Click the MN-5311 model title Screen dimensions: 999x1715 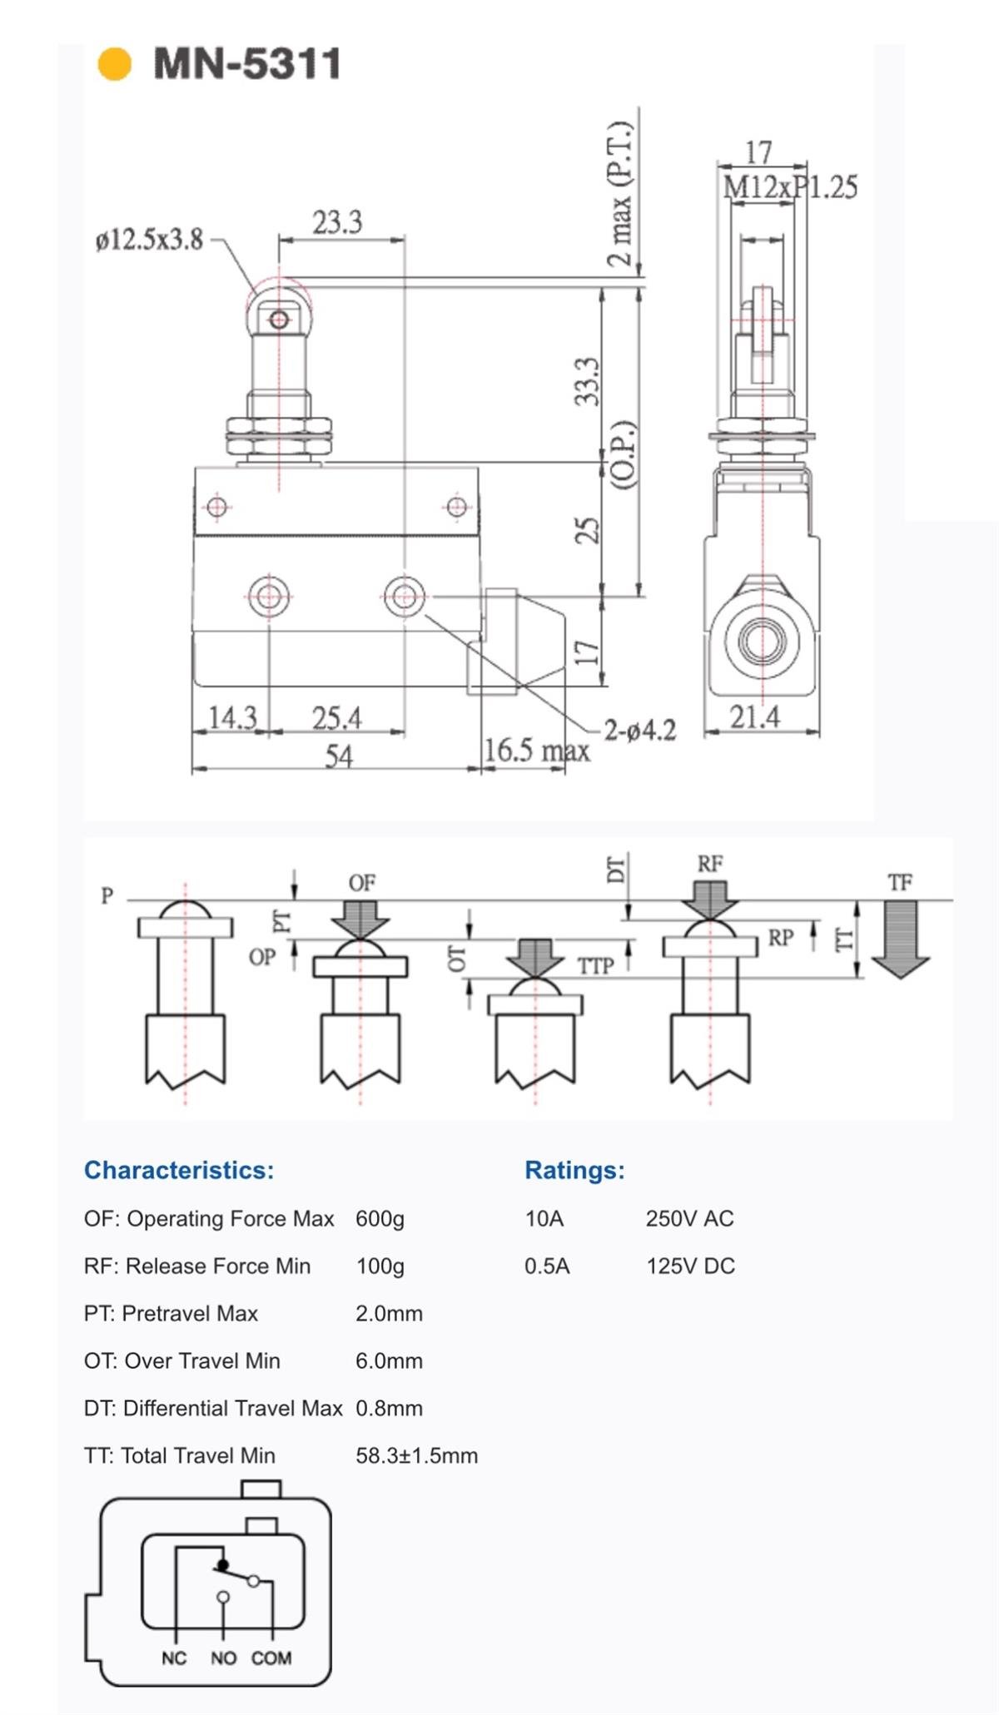(247, 64)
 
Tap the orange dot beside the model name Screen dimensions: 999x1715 (115, 64)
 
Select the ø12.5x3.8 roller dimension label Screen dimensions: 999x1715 (150, 240)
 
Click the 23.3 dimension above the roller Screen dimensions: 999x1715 (337, 222)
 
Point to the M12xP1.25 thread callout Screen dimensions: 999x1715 (790, 187)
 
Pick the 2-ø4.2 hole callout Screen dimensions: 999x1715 (640, 731)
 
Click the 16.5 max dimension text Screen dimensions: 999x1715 (537, 750)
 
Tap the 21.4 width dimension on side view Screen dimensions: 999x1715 (755, 716)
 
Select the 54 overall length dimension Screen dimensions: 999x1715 (339, 756)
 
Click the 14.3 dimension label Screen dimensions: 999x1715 (232, 717)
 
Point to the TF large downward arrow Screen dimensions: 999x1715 (900, 939)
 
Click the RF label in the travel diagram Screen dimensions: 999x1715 (710, 864)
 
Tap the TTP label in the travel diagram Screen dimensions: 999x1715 (596, 966)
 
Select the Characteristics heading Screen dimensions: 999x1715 (179, 1170)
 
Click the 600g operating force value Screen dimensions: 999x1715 (380, 1219)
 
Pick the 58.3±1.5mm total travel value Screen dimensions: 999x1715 (417, 1455)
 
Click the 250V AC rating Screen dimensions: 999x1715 (690, 1219)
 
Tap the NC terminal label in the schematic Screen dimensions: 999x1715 (174, 1658)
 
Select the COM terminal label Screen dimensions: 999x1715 (271, 1658)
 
